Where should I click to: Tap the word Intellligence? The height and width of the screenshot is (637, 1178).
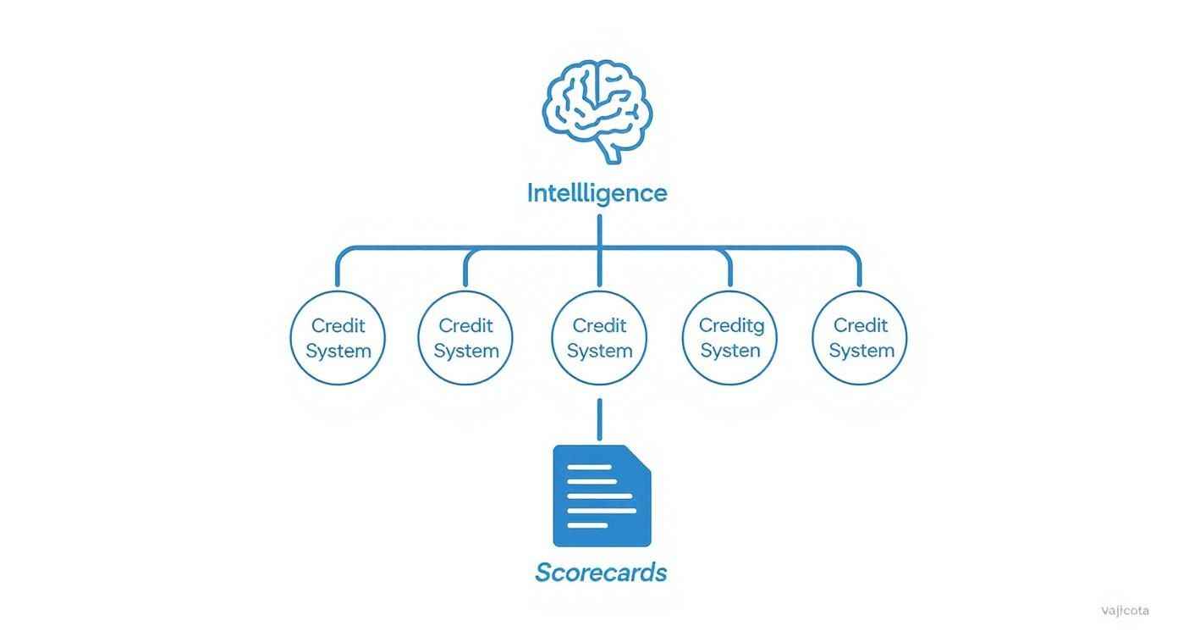(x=597, y=193)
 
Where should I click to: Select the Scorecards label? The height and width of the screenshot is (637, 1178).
(x=601, y=573)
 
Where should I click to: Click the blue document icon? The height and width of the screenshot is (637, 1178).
(x=602, y=496)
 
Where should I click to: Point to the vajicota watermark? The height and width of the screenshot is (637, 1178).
(x=1125, y=611)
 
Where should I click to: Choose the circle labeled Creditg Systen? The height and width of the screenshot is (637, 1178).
(x=729, y=338)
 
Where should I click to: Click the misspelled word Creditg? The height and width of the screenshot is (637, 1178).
(x=731, y=325)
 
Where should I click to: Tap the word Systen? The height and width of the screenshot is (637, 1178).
(x=730, y=351)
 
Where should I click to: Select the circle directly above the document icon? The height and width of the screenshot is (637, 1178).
(x=599, y=338)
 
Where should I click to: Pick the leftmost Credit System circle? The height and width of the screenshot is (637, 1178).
(x=338, y=338)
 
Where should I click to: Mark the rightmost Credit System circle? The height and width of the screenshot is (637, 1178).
(x=860, y=338)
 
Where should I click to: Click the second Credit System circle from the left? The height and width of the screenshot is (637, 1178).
(x=465, y=338)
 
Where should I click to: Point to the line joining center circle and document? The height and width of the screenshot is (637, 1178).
(x=599, y=419)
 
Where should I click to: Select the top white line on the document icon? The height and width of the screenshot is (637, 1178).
(x=589, y=468)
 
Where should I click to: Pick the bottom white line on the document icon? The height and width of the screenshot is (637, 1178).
(x=587, y=525)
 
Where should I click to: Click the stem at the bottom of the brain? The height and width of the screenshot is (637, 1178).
(x=610, y=152)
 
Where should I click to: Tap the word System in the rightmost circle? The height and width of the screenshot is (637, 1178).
(x=861, y=351)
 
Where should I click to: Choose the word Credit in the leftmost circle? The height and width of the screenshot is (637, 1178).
(x=339, y=325)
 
